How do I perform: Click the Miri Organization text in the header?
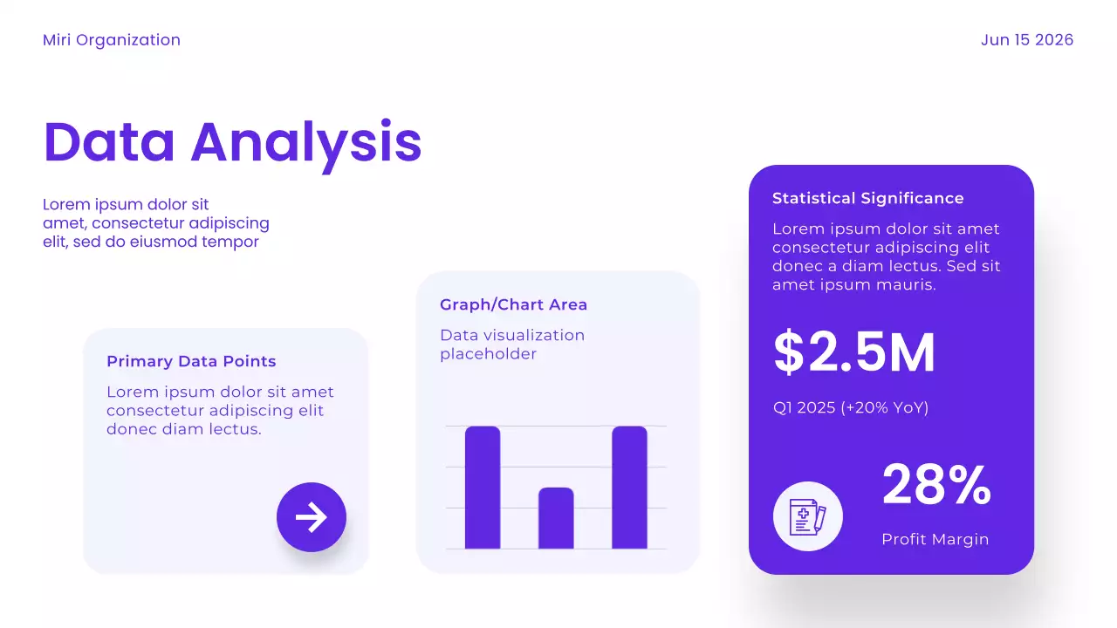pyautogui.click(x=112, y=40)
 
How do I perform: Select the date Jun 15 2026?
pyautogui.click(x=1026, y=40)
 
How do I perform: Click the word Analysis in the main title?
pyautogui.click(x=306, y=141)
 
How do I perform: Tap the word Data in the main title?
pyautogui.click(x=109, y=141)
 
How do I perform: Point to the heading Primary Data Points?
pyautogui.click(x=191, y=361)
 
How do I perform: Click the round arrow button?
pyautogui.click(x=312, y=517)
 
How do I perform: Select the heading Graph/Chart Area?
pyautogui.click(x=513, y=304)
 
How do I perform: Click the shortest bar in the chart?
pyautogui.click(x=556, y=518)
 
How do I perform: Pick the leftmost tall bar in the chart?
pyautogui.click(x=483, y=488)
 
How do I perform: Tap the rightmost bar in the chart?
pyautogui.click(x=629, y=488)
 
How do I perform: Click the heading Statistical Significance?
pyautogui.click(x=867, y=198)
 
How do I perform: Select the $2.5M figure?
pyautogui.click(x=854, y=353)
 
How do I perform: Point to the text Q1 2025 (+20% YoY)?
pyautogui.click(x=850, y=407)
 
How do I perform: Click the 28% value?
pyautogui.click(x=935, y=485)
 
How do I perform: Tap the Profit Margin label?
pyautogui.click(x=935, y=539)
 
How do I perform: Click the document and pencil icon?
pyautogui.click(x=807, y=516)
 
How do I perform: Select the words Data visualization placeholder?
pyautogui.click(x=511, y=345)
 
